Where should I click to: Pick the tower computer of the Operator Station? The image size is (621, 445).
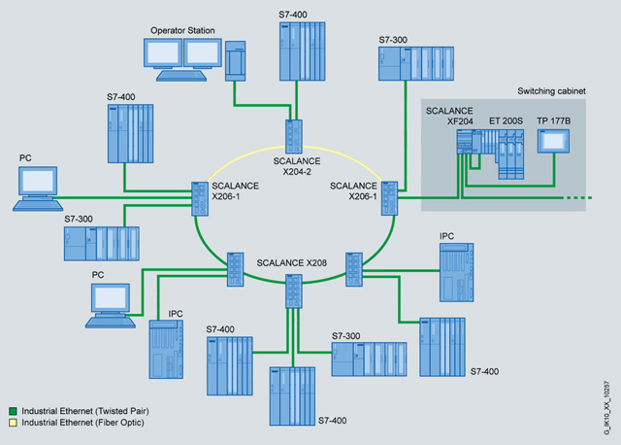(x=237, y=63)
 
